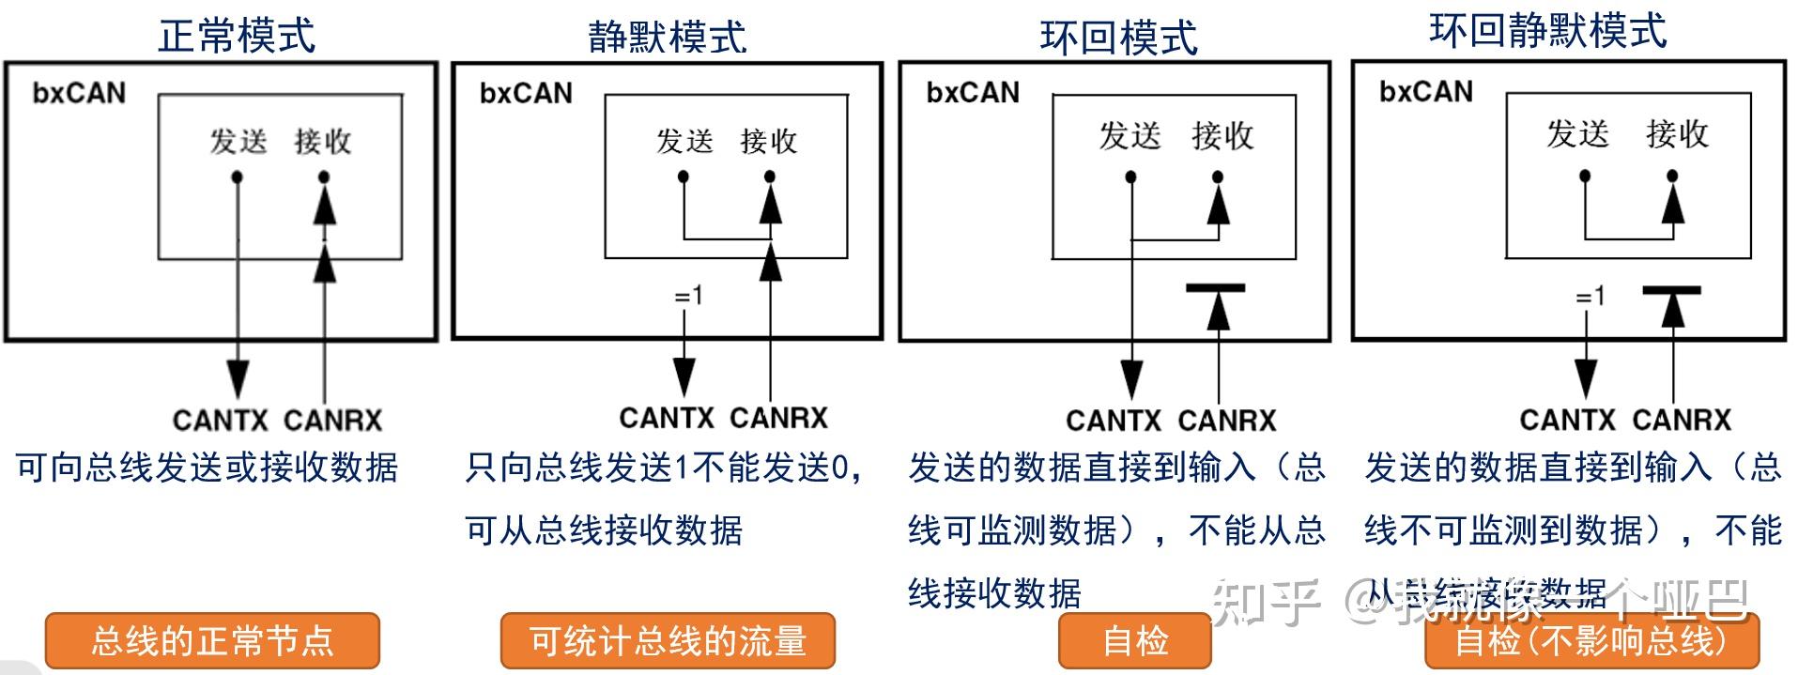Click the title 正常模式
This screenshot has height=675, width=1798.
click(237, 36)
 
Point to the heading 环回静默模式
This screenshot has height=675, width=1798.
click(1547, 30)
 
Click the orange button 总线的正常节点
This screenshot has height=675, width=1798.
click(212, 641)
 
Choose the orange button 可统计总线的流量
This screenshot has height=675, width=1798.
click(668, 641)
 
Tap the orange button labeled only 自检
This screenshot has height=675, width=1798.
click(1134, 641)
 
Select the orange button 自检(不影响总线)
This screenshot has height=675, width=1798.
click(1591, 641)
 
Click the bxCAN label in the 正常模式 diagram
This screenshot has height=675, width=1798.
click(79, 92)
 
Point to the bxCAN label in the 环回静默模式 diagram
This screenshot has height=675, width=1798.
click(1425, 91)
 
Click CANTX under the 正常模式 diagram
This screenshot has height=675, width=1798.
click(221, 420)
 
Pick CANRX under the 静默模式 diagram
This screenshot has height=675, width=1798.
click(778, 418)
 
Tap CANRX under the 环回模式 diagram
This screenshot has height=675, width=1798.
click(1226, 420)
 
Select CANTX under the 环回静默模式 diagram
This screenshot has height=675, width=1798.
click(1567, 420)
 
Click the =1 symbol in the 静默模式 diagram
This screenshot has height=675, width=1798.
click(687, 297)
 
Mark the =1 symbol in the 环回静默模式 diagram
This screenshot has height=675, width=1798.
click(1590, 297)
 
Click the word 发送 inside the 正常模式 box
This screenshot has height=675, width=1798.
click(238, 141)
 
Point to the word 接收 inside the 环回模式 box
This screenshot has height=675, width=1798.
click(1222, 135)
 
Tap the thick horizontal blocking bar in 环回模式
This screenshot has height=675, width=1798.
click(1215, 288)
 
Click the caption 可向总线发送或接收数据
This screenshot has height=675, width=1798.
click(207, 467)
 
